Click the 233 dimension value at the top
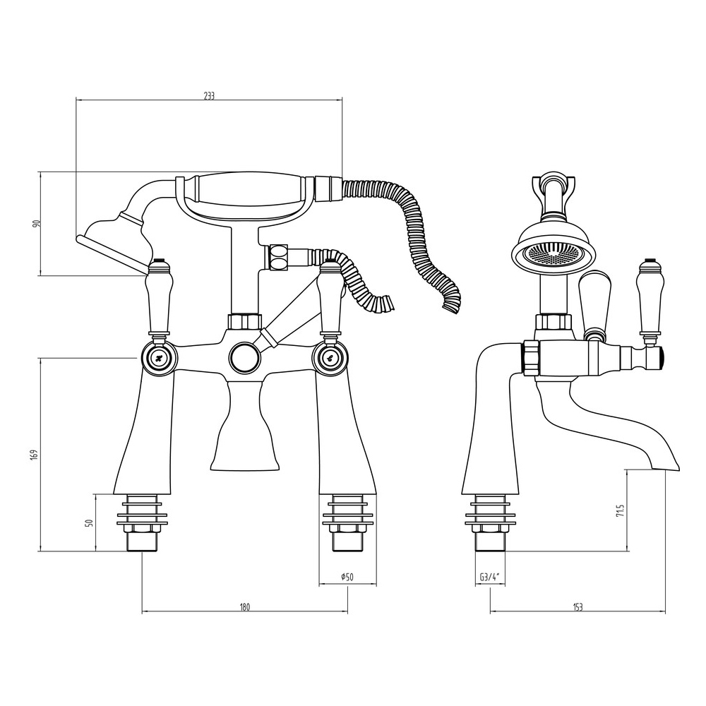click(x=209, y=96)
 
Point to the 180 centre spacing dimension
click(x=244, y=607)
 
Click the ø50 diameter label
click(x=347, y=577)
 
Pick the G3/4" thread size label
click(x=491, y=577)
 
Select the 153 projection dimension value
click(x=578, y=607)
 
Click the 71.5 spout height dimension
click(x=621, y=511)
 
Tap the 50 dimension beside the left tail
click(x=89, y=522)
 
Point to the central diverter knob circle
click(x=244, y=357)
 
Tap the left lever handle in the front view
click(x=160, y=297)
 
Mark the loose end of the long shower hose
click(x=451, y=306)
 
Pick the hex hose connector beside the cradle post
click(x=277, y=258)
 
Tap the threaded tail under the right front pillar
click(x=347, y=522)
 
